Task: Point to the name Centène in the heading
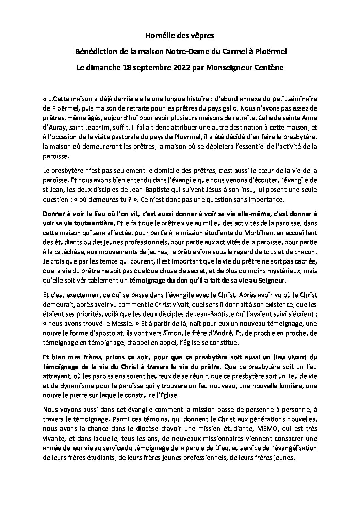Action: coord(269,68)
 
